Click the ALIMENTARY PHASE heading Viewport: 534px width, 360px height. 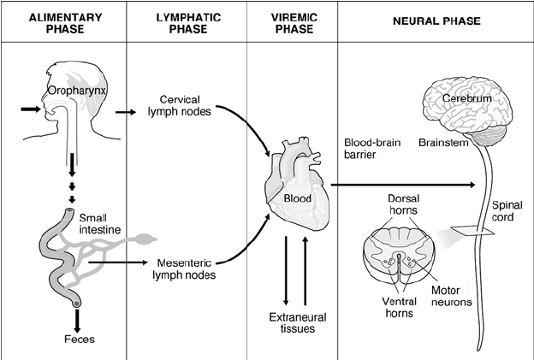pyautogui.click(x=65, y=23)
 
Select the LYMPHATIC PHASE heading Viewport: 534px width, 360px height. pyautogui.click(x=188, y=23)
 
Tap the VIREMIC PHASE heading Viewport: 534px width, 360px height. pyautogui.click(x=294, y=23)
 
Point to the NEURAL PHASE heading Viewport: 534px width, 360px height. pyautogui.click(x=436, y=21)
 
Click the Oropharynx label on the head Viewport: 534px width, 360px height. pyautogui.click(x=77, y=91)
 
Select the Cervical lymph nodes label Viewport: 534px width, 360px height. pyautogui.click(x=180, y=105)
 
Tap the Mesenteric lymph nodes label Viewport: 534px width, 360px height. pyautogui.click(x=184, y=269)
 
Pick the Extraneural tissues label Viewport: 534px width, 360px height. pyautogui.click(x=298, y=322)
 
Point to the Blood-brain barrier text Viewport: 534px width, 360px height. pyautogui.click(x=372, y=148)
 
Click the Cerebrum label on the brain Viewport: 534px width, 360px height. pyautogui.click(x=467, y=98)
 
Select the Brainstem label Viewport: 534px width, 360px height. pyautogui.click(x=443, y=143)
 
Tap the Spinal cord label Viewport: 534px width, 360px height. pyautogui.click(x=507, y=211)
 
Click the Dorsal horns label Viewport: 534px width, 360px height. pyautogui.click(x=403, y=204)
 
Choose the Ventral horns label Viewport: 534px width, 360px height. pyautogui.click(x=399, y=307)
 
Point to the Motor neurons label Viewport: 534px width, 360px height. pyautogui.click(x=452, y=296)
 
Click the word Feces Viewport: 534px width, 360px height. pyautogui.click(x=80, y=339)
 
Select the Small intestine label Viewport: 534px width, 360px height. pyautogui.click(x=100, y=224)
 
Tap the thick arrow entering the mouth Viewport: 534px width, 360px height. pyautogui.click(x=31, y=109)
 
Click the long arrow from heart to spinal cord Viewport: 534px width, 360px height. pyautogui.click(x=402, y=185)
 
